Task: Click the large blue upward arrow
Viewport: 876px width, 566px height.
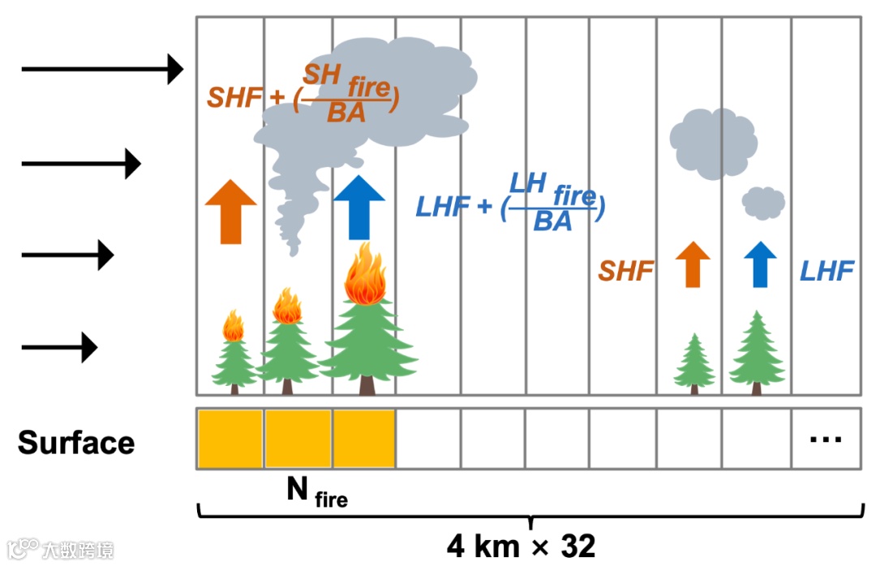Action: point(359,208)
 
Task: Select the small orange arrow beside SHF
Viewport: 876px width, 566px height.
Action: point(692,264)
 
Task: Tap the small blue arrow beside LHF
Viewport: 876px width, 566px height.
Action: point(759,264)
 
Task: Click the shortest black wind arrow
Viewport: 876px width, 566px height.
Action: point(59,349)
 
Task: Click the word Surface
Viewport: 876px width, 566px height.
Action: point(76,444)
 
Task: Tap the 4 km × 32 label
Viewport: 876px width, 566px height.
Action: point(521,546)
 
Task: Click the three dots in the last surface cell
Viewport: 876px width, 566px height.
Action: point(826,440)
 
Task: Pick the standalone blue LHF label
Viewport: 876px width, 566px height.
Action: point(827,271)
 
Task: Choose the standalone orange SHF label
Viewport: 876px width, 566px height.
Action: point(625,271)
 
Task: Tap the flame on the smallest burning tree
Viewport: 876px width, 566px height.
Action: point(234,326)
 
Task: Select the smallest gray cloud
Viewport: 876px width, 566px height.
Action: point(763,202)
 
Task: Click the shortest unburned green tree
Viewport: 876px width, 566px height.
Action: point(694,362)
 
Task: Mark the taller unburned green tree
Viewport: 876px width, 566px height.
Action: point(757,350)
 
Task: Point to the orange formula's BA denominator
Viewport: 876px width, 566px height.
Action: point(346,114)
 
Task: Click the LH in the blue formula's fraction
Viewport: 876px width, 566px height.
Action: point(526,182)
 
